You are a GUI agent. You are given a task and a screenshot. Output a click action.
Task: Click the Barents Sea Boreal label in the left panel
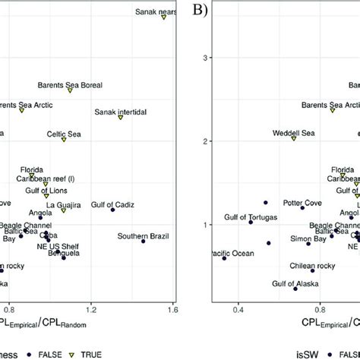click(x=71, y=85)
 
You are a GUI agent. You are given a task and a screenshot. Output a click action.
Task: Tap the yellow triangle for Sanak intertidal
click(x=120, y=118)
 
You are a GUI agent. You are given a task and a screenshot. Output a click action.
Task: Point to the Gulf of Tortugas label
click(x=251, y=217)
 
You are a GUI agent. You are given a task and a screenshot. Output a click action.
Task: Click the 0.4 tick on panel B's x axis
click(x=238, y=310)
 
